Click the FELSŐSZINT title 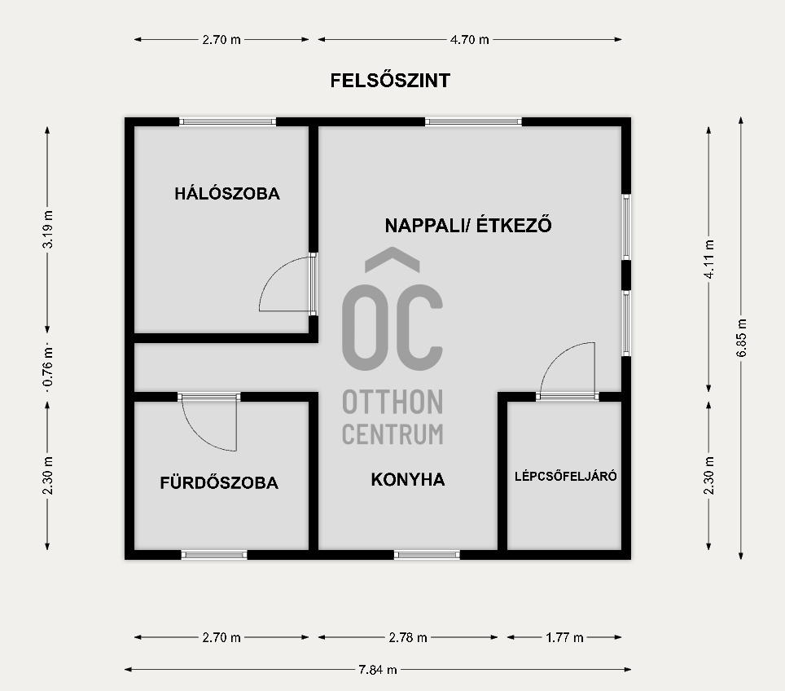click(x=390, y=81)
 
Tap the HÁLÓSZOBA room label click(x=227, y=194)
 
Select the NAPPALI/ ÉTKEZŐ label click(x=468, y=225)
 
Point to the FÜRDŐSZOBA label click(x=219, y=482)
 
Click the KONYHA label click(x=407, y=479)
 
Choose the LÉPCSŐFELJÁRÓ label click(x=565, y=476)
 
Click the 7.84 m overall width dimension click(x=378, y=670)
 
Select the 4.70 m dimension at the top click(x=471, y=39)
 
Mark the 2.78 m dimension click(x=408, y=637)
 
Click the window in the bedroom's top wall click(x=228, y=122)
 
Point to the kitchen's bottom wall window click(x=427, y=555)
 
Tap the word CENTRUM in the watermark click(x=392, y=434)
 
